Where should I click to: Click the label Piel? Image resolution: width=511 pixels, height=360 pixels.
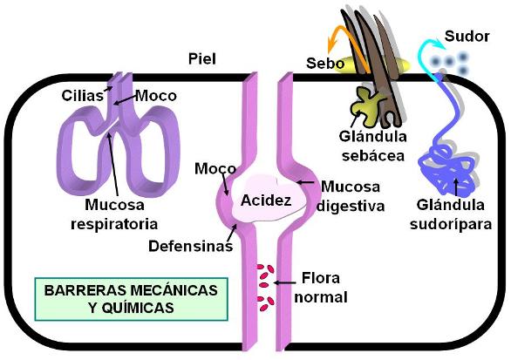[202, 59]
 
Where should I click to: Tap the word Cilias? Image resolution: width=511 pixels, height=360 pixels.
[83, 96]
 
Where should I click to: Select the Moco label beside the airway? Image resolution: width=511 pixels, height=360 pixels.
[156, 96]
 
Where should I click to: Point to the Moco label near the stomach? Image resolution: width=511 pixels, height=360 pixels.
[215, 168]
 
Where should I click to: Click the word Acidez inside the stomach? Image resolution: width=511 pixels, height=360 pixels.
[266, 200]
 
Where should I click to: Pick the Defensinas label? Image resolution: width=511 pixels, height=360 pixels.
[191, 246]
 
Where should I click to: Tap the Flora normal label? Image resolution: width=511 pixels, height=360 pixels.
[321, 288]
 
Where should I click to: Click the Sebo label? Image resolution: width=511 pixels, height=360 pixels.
[325, 63]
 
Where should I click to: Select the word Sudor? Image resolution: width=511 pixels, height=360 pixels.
[467, 36]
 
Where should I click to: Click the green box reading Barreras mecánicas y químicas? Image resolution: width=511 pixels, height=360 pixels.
[132, 299]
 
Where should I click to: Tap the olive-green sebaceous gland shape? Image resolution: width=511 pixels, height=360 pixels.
[366, 105]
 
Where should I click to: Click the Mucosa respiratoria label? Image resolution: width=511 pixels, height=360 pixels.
[114, 214]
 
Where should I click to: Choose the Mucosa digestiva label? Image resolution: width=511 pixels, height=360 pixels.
[351, 196]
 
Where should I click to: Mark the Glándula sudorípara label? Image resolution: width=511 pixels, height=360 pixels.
[451, 214]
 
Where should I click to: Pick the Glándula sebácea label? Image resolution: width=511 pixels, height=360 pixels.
[373, 146]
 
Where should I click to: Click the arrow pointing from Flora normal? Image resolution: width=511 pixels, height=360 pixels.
[284, 282]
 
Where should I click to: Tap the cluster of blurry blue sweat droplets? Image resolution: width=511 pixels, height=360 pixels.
[451, 63]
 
